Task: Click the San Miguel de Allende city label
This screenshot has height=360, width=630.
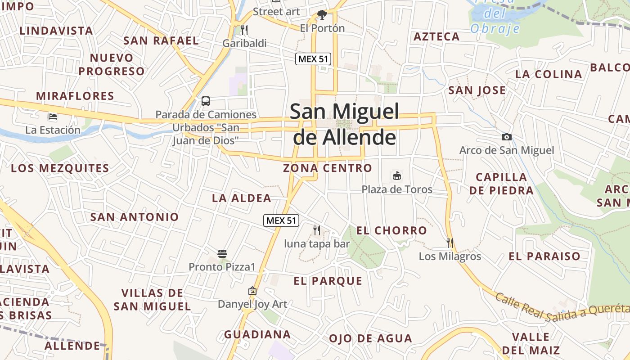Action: (x=345, y=124)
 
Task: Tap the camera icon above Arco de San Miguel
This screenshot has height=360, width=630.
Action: (x=507, y=137)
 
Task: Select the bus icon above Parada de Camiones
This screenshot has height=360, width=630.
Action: (x=206, y=101)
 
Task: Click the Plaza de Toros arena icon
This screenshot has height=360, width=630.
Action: (x=397, y=175)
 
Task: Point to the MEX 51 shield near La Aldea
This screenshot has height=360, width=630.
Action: (x=281, y=220)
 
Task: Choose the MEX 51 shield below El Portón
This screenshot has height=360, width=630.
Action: (x=313, y=58)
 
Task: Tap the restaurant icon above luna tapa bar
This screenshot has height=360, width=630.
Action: (x=317, y=230)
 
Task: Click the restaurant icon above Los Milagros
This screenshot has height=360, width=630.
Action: (x=450, y=243)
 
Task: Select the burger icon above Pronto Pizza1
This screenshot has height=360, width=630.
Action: (x=222, y=254)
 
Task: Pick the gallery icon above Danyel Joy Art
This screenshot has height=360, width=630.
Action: (x=252, y=291)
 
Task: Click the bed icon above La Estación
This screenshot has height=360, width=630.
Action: (x=53, y=117)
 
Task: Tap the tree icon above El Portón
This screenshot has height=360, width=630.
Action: (x=322, y=15)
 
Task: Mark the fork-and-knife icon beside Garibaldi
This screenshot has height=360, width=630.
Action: (x=244, y=30)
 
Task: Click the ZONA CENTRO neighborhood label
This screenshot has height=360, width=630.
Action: (x=328, y=168)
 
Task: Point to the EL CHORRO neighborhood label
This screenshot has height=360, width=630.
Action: (x=391, y=230)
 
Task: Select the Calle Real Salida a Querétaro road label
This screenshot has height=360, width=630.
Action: (x=562, y=308)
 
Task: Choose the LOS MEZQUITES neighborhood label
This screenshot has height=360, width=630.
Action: (x=60, y=168)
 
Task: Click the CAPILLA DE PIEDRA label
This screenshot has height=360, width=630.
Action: (x=501, y=184)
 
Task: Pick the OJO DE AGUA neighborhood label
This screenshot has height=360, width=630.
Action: (x=370, y=338)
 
